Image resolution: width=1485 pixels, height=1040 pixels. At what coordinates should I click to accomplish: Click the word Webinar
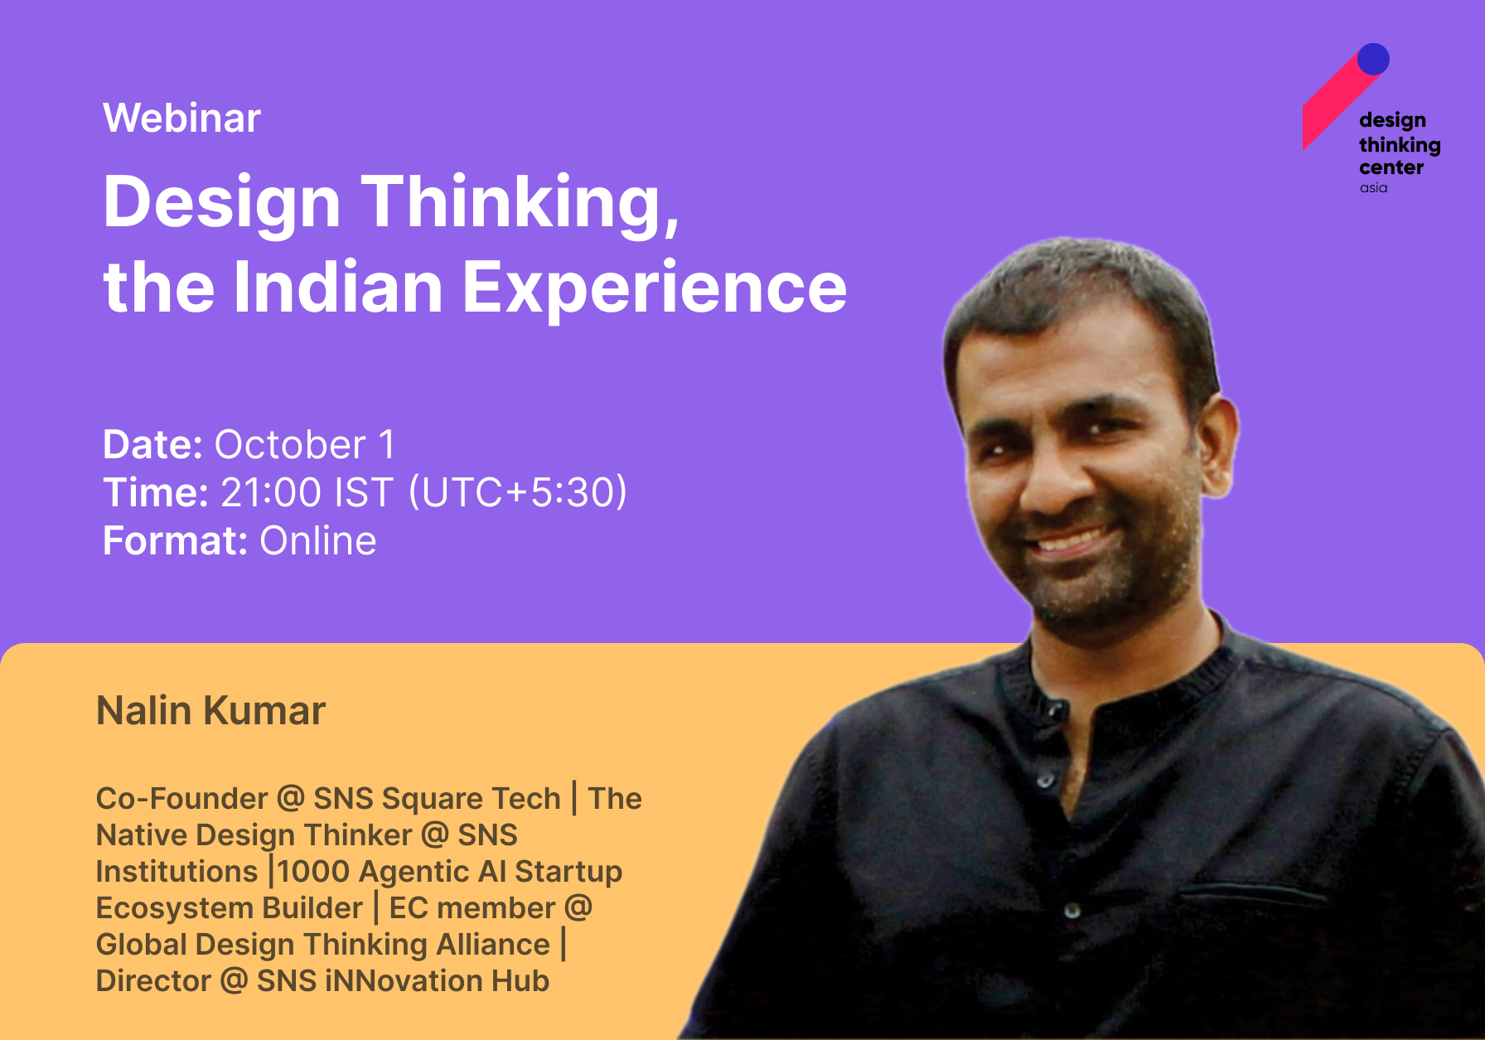[x=182, y=118]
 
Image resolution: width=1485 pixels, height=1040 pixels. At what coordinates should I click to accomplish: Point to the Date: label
[x=152, y=445]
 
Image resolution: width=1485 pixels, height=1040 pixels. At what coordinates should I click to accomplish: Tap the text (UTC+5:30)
[x=518, y=492]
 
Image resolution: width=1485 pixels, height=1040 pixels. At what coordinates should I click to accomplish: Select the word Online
[x=318, y=540]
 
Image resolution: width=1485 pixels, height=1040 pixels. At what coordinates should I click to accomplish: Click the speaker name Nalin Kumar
[x=211, y=710]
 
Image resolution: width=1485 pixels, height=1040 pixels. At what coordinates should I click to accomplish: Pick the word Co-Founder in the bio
[x=181, y=798]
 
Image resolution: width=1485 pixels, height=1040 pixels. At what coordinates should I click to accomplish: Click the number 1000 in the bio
[x=314, y=871]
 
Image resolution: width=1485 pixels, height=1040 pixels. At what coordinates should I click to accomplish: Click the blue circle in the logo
[x=1373, y=59]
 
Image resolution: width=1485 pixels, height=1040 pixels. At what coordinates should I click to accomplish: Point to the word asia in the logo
[x=1373, y=188]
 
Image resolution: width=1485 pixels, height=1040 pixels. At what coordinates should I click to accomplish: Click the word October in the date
[x=290, y=445]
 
